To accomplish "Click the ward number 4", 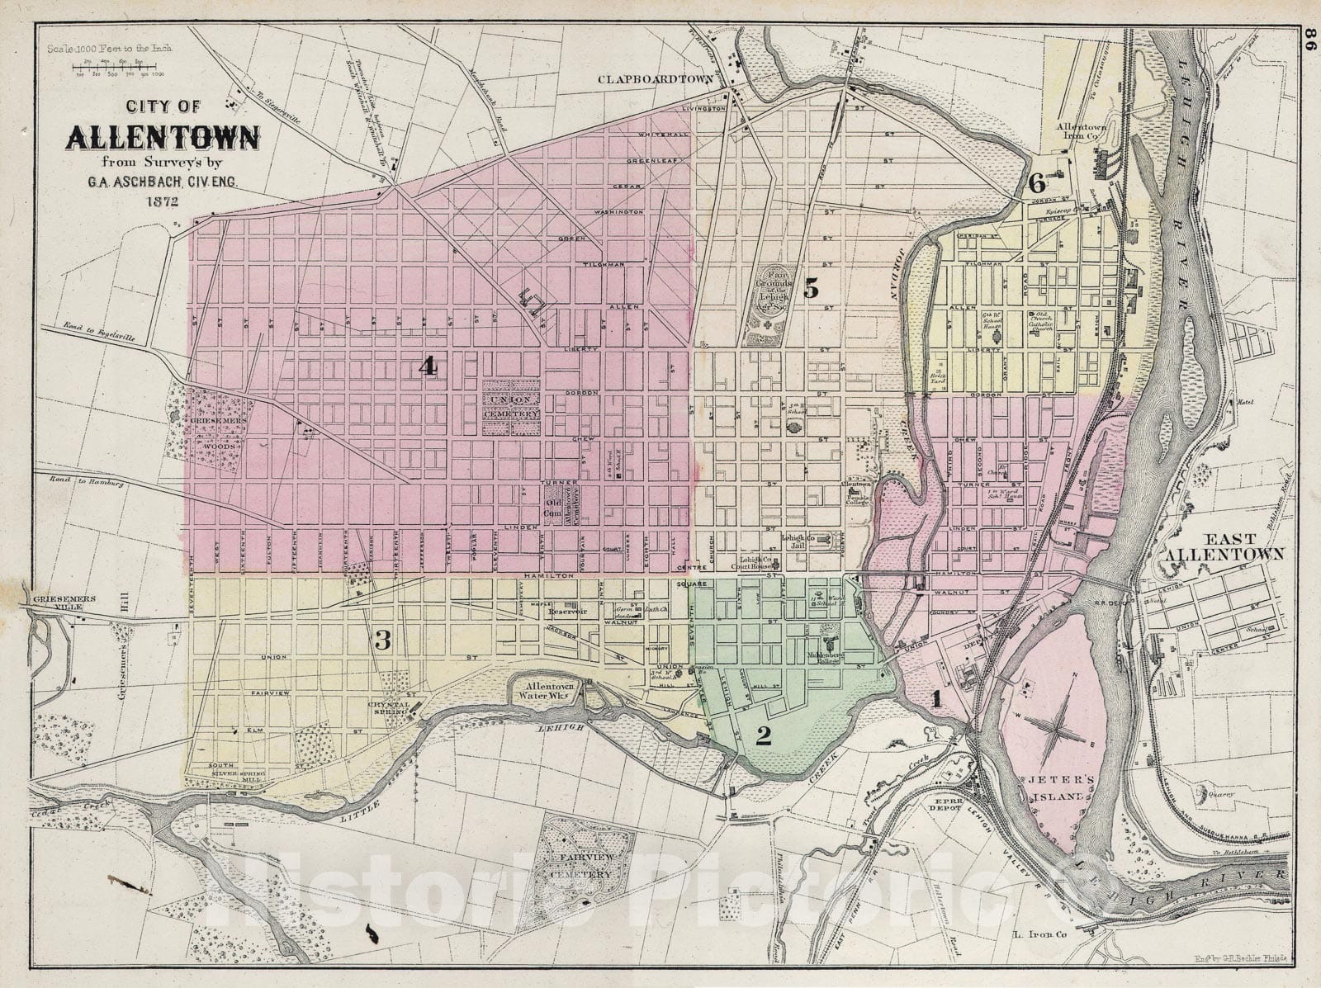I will click(x=427, y=366).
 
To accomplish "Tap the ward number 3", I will click(x=382, y=638).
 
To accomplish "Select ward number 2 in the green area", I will click(x=764, y=735).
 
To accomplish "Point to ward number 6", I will click(x=1037, y=183).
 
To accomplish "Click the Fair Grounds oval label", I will click(x=776, y=291).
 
